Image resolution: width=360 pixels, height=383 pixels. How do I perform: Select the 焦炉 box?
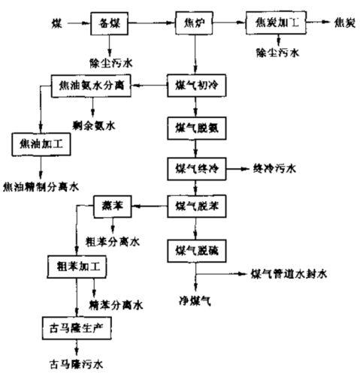pyautogui.click(x=193, y=23)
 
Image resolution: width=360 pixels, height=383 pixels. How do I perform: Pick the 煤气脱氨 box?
pyautogui.click(x=194, y=126)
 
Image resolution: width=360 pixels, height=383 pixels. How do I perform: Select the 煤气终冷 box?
pyautogui.click(x=194, y=166)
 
